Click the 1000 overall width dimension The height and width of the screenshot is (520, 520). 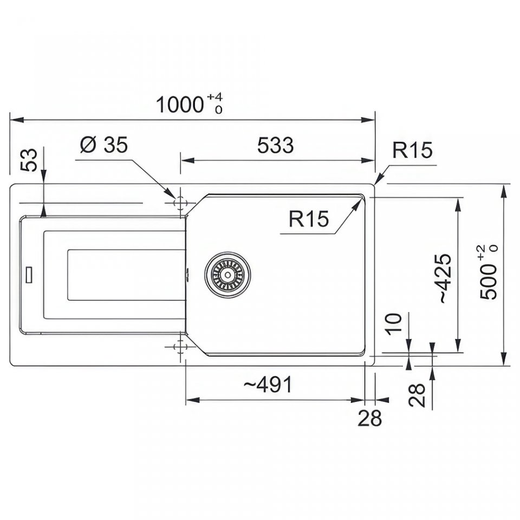point(179,105)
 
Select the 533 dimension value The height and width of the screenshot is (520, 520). point(276,145)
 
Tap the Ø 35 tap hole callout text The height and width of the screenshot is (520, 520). point(104,145)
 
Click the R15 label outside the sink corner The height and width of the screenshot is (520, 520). point(412,150)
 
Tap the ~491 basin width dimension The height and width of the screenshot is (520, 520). point(268,385)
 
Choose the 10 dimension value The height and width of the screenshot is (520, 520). point(394,324)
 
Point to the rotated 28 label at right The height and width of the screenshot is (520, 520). point(417,395)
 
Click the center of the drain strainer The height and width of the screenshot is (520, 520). point(227,275)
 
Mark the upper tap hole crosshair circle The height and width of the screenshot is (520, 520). point(180,203)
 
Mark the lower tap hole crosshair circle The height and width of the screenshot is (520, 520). point(180,347)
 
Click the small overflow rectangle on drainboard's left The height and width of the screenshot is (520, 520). point(29,275)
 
